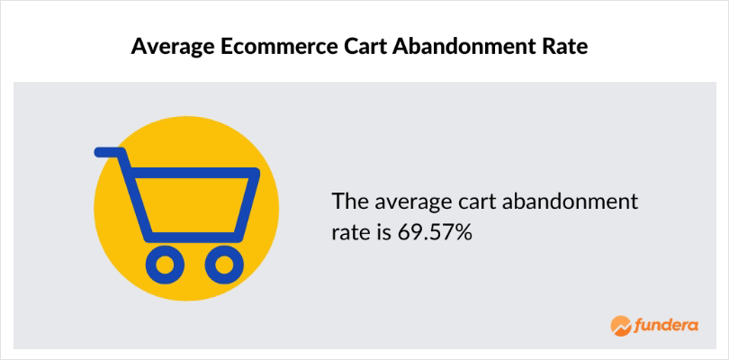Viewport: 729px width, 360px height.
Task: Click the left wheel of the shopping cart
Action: tap(165, 265)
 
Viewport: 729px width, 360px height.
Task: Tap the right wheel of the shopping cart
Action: tap(224, 265)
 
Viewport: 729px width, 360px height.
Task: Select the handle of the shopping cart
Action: tap(111, 152)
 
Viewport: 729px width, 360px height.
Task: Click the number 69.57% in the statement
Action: tap(434, 232)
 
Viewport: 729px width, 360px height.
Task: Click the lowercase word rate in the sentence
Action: tap(348, 233)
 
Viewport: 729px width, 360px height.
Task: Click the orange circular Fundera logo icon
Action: tap(620, 326)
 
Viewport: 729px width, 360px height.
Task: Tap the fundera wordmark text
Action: tap(666, 326)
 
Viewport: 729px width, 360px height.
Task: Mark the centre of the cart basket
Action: tap(193, 204)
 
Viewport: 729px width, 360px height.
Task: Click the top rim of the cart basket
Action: tap(193, 173)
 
